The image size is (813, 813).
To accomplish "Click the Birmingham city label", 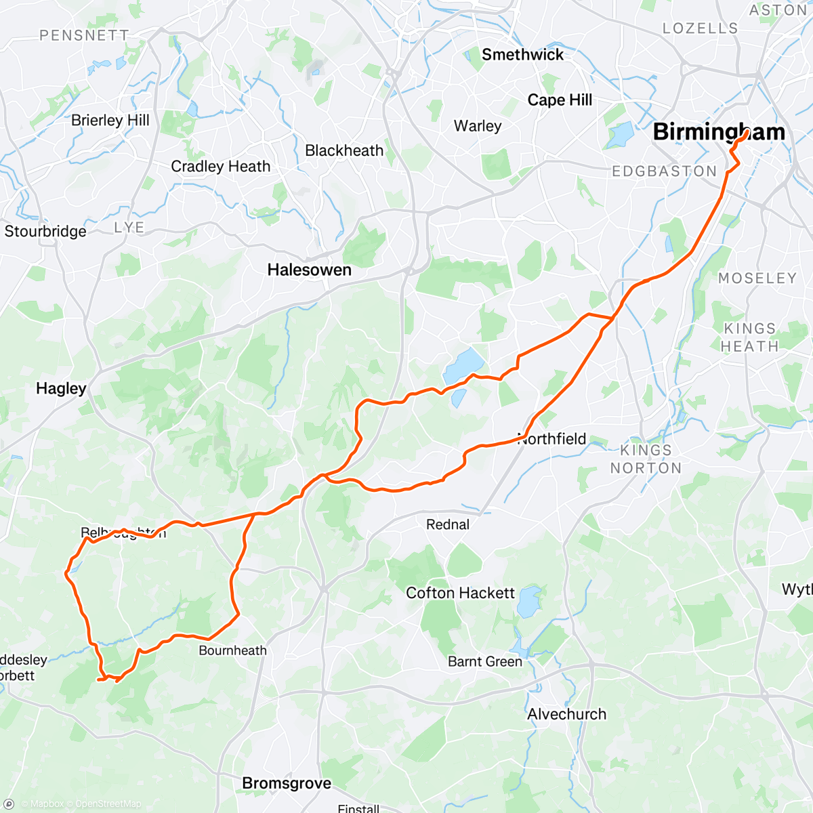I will pyautogui.click(x=719, y=132).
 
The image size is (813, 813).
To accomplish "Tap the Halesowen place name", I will pyautogui.click(x=309, y=270).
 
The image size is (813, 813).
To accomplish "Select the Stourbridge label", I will pyautogui.click(x=45, y=232).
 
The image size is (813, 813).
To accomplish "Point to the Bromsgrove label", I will pyautogui.click(x=287, y=783).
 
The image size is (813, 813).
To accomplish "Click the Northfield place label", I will pyautogui.click(x=552, y=439).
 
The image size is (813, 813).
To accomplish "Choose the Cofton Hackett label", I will pyautogui.click(x=461, y=593).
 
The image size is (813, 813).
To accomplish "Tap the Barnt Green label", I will pyautogui.click(x=485, y=661).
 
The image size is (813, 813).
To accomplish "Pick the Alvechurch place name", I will pyautogui.click(x=567, y=714).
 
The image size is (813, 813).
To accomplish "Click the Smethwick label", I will pyautogui.click(x=522, y=55).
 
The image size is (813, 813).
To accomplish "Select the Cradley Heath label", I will pyautogui.click(x=220, y=167).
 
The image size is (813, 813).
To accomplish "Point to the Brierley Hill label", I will pyautogui.click(x=110, y=121).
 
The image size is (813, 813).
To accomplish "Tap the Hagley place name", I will pyautogui.click(x=61, y=388).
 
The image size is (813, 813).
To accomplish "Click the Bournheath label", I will pyautogui.click(x=232, y=650).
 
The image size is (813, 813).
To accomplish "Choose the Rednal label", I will pyautogui.click(x=448, y=524).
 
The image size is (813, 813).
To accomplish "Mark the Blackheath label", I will pyautogui.click(x=344, y=150).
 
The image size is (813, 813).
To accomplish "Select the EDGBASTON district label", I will pyautogui.click(x=664, y=171).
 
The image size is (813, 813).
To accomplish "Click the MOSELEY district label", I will pyautogui.click(x=757, y=278).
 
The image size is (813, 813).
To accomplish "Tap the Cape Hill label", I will pyautogui.click(x=560, y=100).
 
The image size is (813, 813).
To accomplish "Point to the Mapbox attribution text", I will pyautogui.click(x=47, y=804).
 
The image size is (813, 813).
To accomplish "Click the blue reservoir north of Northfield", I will pyautogui.click(x=464, y=365).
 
